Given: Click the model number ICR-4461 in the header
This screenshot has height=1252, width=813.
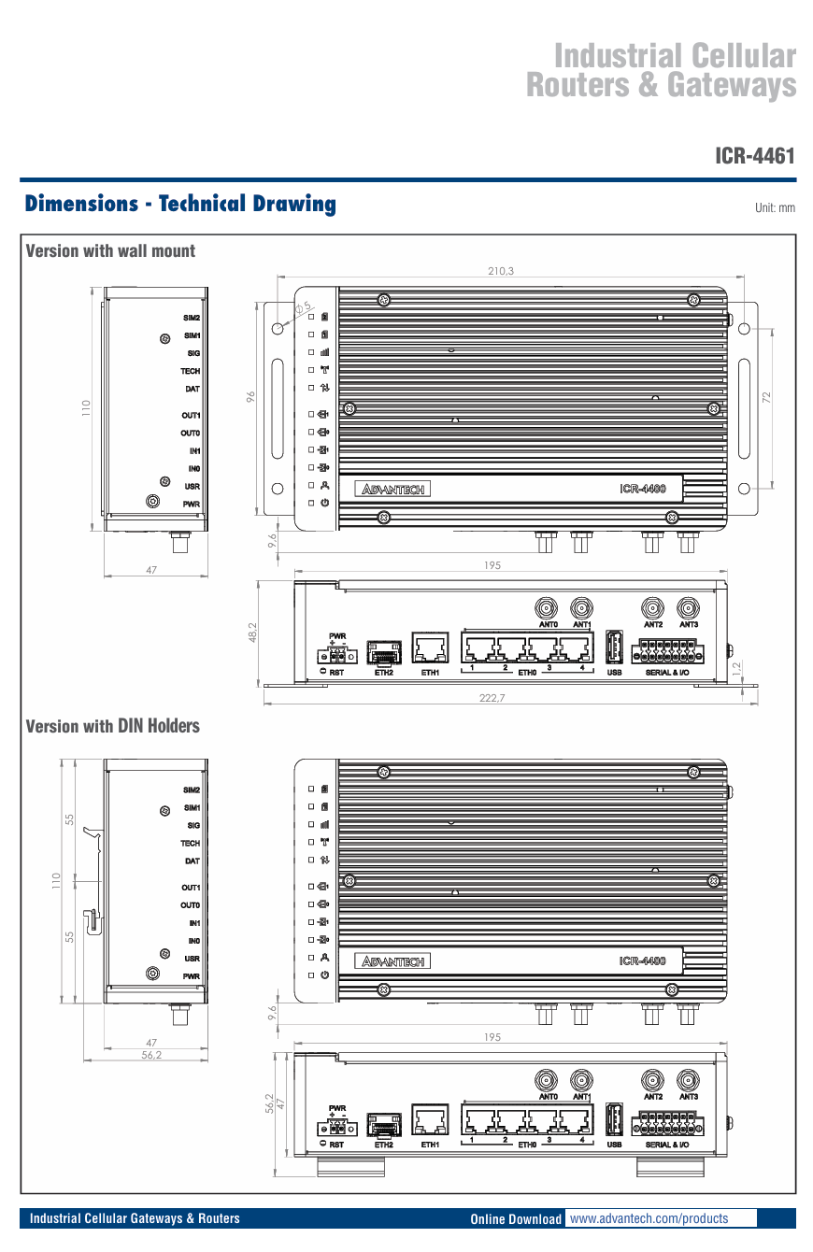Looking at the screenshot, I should pos(754,155).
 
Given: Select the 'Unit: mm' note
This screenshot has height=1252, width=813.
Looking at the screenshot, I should pos(775,207).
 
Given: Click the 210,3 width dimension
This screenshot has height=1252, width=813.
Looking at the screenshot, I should pos(501,271).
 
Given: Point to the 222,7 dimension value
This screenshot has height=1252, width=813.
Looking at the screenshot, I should pos(501,699).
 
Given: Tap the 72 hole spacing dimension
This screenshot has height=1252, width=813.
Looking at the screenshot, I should pos(766,397).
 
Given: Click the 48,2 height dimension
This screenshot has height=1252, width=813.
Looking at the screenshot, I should pos(251,633).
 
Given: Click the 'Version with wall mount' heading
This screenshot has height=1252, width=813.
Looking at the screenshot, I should pos(110,250).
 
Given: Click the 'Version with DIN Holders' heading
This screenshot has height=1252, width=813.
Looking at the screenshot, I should pos(112,726).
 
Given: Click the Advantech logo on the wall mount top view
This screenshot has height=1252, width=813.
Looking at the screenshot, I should pos(394,489).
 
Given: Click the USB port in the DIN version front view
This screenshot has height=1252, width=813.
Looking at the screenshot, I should pos(614,1121).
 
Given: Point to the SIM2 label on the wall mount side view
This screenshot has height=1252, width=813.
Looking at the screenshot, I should pos(192,318).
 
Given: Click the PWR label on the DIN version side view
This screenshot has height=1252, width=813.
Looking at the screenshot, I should pos(192,975).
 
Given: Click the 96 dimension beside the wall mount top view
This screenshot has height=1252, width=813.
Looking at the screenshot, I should pos(250,397).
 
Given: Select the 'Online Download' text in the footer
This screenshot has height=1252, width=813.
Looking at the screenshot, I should pos(516,1219).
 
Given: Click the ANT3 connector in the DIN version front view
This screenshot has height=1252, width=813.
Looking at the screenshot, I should pos(689,1080).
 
